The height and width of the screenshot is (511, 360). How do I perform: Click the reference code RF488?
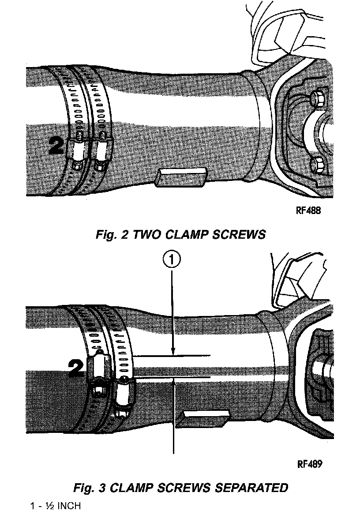308,210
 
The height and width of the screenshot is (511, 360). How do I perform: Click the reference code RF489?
310,464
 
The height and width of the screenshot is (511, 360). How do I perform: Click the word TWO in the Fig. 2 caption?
146,235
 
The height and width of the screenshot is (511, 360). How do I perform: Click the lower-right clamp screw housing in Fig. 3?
124,393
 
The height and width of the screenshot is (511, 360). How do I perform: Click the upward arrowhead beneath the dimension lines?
174,381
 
